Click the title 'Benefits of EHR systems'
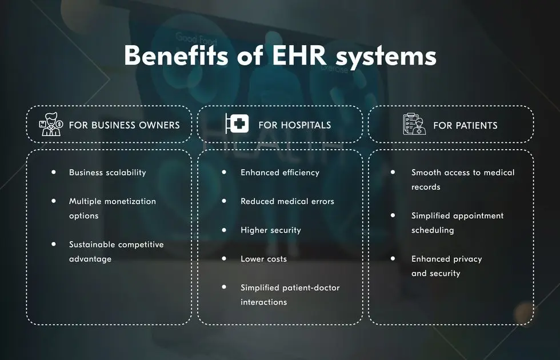(x=280, y=57)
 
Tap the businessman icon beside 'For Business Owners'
(x=50, y=124)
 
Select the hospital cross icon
(x=237, y=124)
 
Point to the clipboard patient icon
(x=414, y=124)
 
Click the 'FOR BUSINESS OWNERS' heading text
(x=124, y=125)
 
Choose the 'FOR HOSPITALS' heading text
(x=294, y=125)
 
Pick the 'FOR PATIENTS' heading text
(x=465, y=125)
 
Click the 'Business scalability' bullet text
(x=107, y=173)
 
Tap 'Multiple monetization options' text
(x=112, y=208)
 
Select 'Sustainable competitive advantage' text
(x=116, y=251)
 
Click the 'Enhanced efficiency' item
(x=279, y=173)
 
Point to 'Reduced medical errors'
(x=287, y=201)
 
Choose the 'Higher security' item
(x=270, y=230)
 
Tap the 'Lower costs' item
(x=263, y=259)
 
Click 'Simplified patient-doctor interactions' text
(x=290, y=294)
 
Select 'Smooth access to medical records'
(x=462, y=179)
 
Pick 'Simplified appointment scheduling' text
(x=457, y=223)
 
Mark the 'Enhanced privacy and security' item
(x=446, y=266)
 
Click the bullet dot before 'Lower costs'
(x=225, y=258)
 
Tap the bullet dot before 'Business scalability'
(x=54, y=171)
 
